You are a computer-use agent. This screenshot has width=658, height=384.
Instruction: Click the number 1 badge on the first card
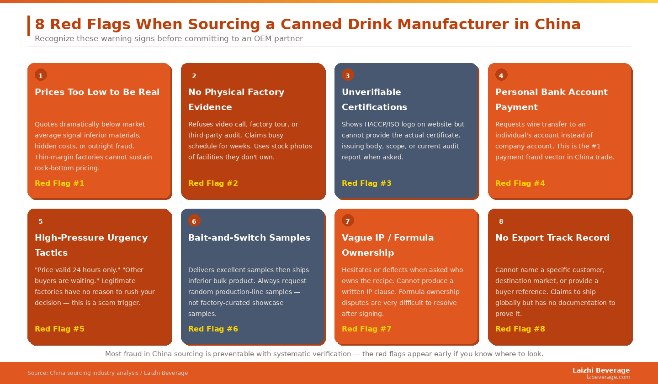tap(41, 75)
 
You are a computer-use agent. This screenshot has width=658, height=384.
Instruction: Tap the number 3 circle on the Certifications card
tap(348, 75)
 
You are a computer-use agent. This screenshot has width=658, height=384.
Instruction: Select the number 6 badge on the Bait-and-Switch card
tap(194, 221)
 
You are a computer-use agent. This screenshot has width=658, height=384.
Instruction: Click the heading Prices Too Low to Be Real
tap(97, 92)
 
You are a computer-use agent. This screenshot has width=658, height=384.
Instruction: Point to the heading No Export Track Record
tap(552, 237)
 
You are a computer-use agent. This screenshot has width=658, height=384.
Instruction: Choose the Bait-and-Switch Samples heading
tap(249, 237)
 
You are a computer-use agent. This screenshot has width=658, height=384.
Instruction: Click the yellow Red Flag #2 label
tap(213, 183)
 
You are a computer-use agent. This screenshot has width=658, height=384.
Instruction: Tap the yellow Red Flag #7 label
tap(366, 329)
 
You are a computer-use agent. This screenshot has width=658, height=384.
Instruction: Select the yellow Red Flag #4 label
tap(520, 183)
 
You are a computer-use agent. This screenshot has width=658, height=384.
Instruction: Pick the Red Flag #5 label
tap(59, 329)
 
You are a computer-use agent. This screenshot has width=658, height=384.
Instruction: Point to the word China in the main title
tap(557, 24)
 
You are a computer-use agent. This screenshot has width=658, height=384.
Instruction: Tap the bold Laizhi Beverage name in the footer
tap(601, 370)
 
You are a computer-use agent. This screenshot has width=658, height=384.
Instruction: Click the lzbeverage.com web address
tap(608, 377)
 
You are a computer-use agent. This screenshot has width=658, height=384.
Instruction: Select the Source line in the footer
tap(107, 373)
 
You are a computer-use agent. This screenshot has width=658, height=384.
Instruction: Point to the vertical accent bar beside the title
tap(28, 26)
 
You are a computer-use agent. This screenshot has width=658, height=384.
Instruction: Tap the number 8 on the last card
tap(501, 221)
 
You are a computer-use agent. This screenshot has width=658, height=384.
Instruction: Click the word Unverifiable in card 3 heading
tap(371, 92)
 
